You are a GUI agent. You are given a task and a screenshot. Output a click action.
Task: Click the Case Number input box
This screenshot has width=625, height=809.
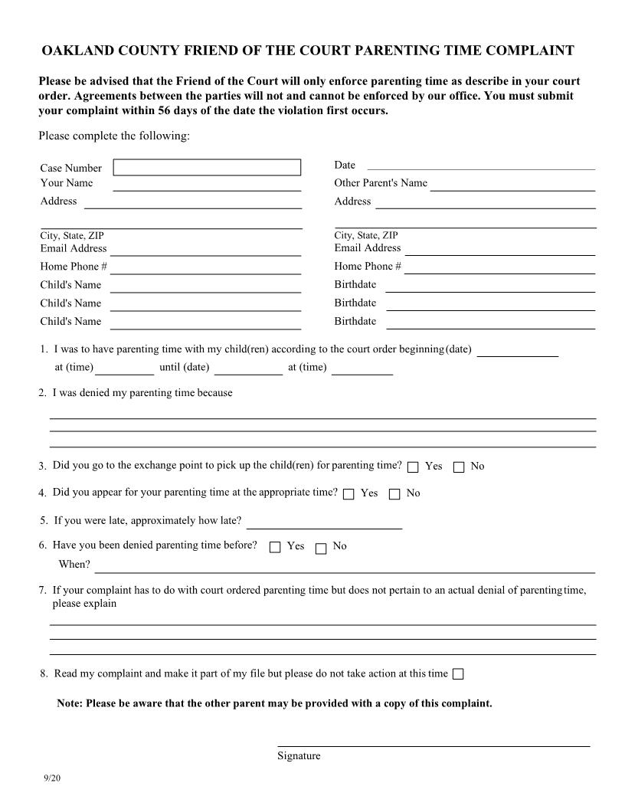tap(207, 167)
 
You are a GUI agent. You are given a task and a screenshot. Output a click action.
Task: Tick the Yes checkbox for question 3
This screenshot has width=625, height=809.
tap(413, 467)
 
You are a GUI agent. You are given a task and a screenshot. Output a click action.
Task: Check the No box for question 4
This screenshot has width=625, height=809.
tap(394, 494)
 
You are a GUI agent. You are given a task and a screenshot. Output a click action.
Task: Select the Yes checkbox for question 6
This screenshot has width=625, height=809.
tap(275, 547)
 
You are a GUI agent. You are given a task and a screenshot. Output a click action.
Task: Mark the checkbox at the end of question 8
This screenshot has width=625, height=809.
tap(458, 674)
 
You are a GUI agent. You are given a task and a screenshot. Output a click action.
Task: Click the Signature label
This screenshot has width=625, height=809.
tap(299, 756)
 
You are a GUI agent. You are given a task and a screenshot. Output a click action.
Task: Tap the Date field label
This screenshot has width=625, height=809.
tap(345, 165)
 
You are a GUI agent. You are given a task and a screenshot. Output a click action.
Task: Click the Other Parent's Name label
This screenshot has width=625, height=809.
tap(381, 183)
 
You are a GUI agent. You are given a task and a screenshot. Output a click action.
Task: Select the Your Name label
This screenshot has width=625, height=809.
tap(67, 183)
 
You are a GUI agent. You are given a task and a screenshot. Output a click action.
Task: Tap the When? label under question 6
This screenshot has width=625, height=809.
tap(74, 565)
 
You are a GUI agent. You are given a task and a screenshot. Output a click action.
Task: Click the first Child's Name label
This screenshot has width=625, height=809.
tap(70, 285)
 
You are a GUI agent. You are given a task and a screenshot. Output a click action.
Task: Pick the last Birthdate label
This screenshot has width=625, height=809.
tap(355, 322)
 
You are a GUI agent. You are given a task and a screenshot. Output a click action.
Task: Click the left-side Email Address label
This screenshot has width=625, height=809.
tap(74, 248)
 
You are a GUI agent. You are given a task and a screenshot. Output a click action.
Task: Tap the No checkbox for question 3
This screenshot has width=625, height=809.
tap(459, 467)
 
